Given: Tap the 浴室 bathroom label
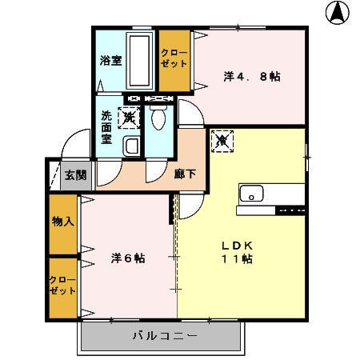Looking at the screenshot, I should (x=110, y=60).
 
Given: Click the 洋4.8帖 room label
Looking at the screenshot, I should (x=251, y=77).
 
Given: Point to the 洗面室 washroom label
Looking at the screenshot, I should (x=106, y=126).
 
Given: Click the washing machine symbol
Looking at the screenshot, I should (x=128, y=118).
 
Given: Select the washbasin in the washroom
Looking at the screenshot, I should (x=131, y=146).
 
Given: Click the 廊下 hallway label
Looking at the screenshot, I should (x=185, y=174).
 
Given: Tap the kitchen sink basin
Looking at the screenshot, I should (x=252, y=194).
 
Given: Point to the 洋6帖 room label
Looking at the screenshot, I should (x=128, y=258).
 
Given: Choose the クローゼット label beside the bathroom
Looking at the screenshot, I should (x=174, y=58).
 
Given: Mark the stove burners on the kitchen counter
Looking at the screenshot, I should (x=290, y=210).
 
